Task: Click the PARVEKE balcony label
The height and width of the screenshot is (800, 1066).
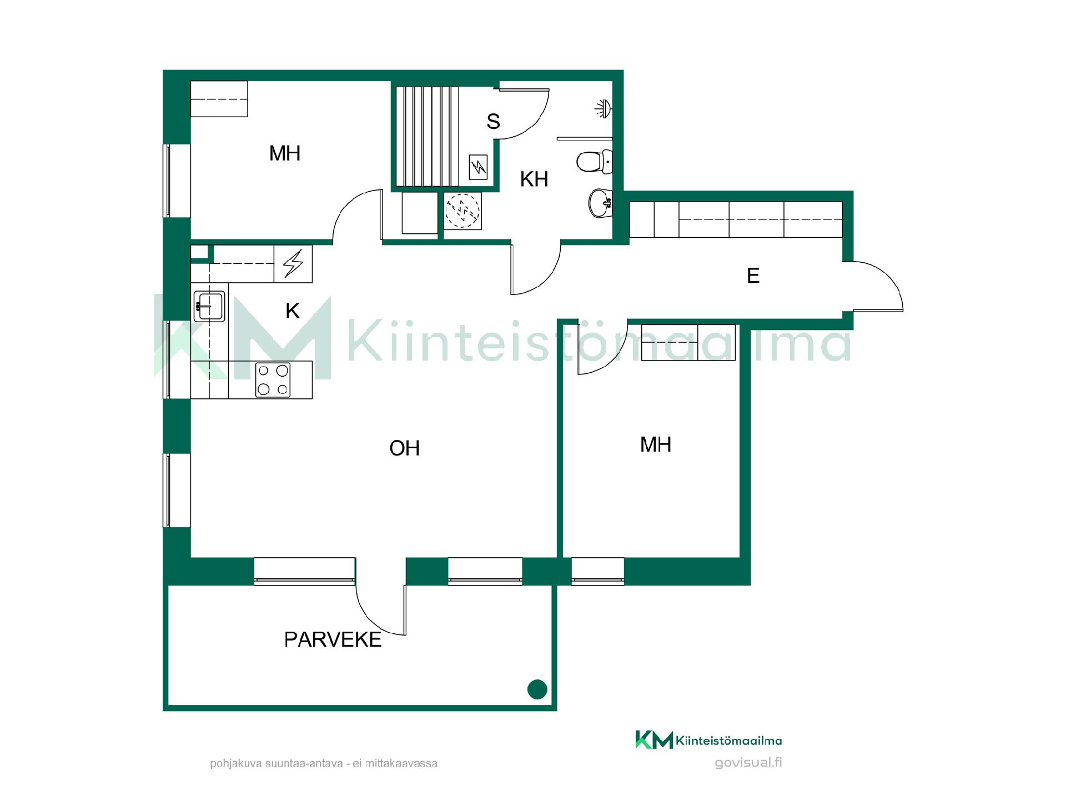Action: pyautogui.click(x=333, y=639)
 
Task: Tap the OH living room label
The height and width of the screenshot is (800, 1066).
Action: pyautogui.click(x=404, y=448)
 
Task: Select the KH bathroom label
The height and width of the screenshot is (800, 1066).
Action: pyautogui.click(x=534, y=179)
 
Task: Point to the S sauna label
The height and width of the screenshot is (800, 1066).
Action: pyautogui.click(x=493, y=121)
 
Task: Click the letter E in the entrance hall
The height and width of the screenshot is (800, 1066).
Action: pyautogui.click(x=753, y=276)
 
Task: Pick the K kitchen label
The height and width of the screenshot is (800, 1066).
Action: pyautogui.click(x=293, y=311)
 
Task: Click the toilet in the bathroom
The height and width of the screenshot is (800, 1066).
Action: pyautogui.click(x=594, y=162)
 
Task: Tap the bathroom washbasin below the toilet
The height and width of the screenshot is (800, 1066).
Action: pyautogui.click(x=600, y=203)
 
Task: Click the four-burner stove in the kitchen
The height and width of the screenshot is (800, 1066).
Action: pyautogui.click(x=273, y=380)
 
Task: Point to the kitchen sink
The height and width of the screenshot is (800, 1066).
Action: pyautogui.click(x=210, y=306)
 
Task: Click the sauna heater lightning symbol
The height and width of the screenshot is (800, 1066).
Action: pyautogui.click(x=478, y=167)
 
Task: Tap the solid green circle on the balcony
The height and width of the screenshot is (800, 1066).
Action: pyautogui.click(x=537, y=689)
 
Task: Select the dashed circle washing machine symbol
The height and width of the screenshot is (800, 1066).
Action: pyautogui.click(x=463, y=211)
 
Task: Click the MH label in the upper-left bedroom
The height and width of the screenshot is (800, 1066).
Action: pyautogui.click(x=285, y=153)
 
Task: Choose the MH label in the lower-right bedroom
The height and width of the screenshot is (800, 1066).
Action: pyautogui.click(x=656, y=444)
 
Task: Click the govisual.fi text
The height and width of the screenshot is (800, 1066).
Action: pyautogui.click(x=748, y=762)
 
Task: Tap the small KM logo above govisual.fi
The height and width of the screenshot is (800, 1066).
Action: pyautogui.click(x=654, y=739)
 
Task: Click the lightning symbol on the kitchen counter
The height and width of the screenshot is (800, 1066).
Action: pyautogui.click(x=293, y=264)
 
